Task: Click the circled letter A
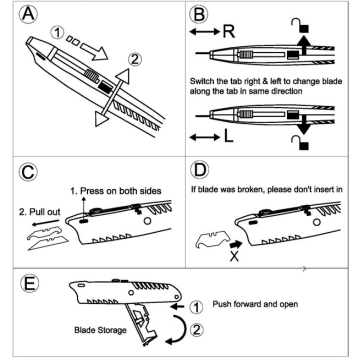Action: tap(29, 15)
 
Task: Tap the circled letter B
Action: tap(199, 14)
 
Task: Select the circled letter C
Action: tap(29, 173)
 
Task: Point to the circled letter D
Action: tap(200, 171)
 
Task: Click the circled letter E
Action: tap(29, 283)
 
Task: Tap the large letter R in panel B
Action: tap(229, 32)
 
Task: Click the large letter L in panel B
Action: tap(229, 137)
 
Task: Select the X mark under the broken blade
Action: tap(234, 257)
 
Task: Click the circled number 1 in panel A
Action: tap(58, 33)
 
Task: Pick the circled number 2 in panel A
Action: tap(134, 60)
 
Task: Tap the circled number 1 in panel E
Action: tap(196, 307)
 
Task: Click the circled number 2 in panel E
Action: tap(196, 330)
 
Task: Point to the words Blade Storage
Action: tap(100, 330)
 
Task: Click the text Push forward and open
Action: tap(255, 304)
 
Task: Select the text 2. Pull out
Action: tap(40, 212)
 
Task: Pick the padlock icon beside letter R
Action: tap(300, 25)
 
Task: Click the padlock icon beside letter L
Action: tap(300, 143)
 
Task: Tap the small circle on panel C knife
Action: tap(147, 220)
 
